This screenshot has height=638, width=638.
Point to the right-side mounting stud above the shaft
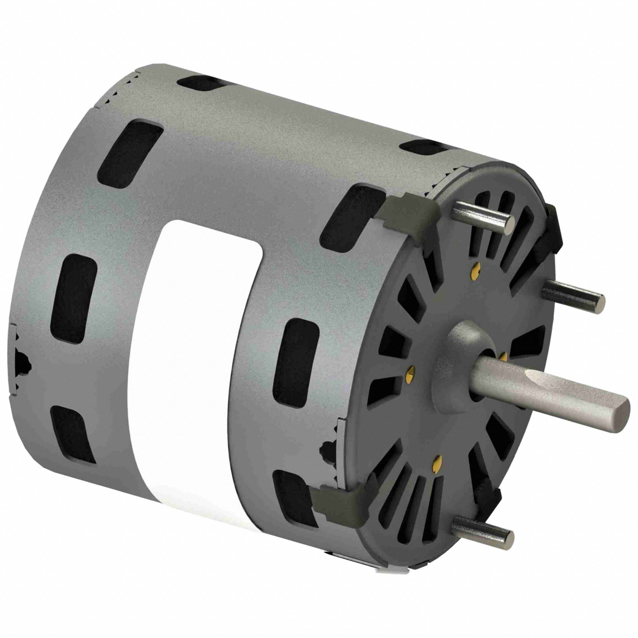(x=575, y=294)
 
